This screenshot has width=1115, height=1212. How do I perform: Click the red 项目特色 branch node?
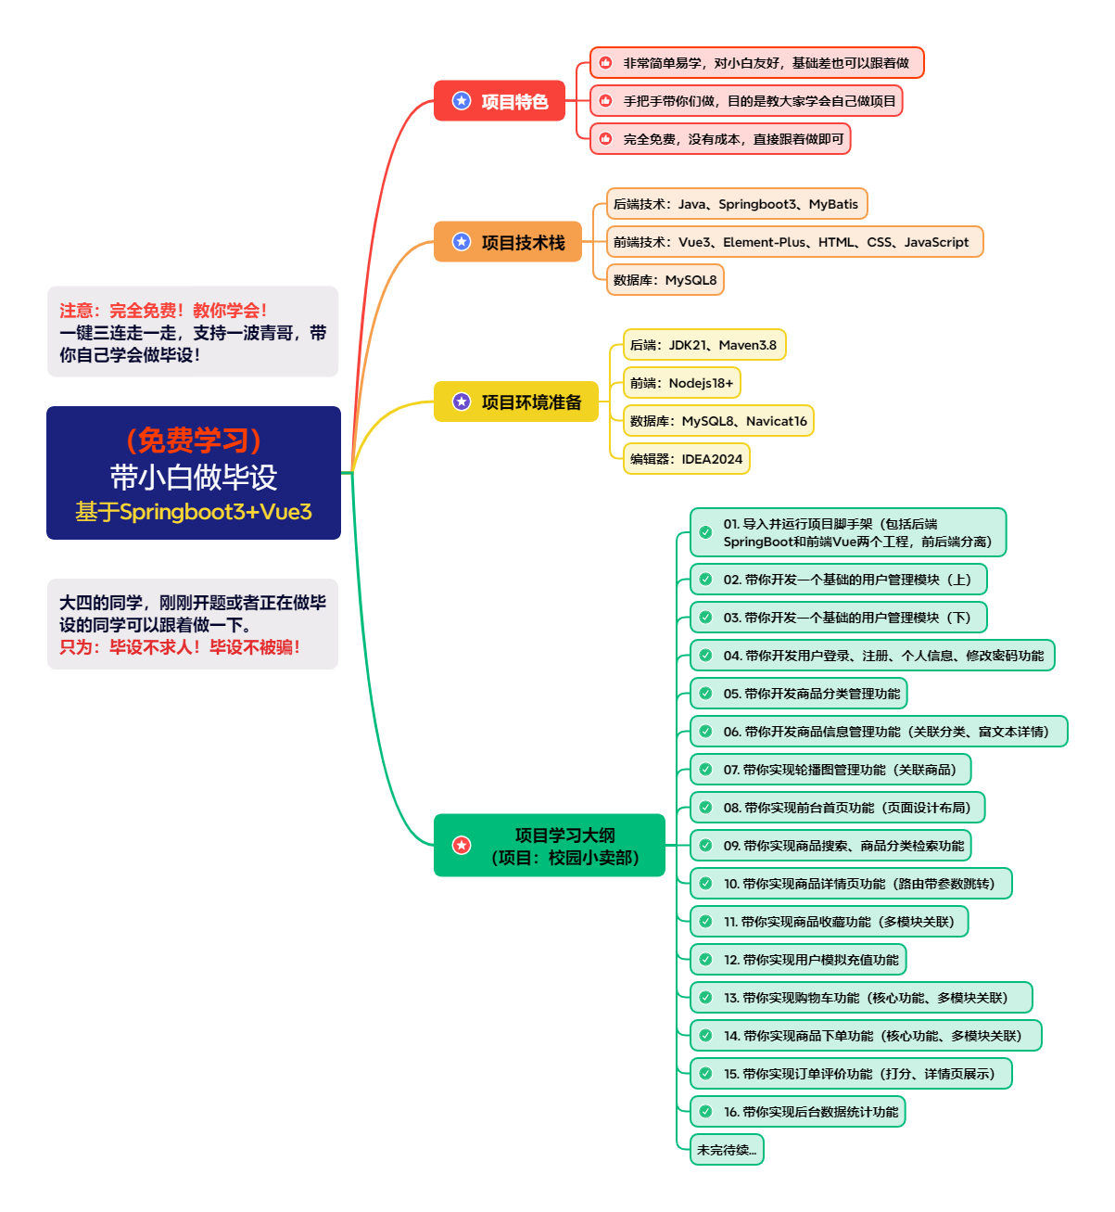click(500, 101)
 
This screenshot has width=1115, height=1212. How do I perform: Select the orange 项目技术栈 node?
click(508, 242)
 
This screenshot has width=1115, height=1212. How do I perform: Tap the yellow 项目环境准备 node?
click(516, 402)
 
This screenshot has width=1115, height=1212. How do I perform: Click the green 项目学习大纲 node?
click(550, 846)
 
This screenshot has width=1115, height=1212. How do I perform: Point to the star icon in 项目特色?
click(462, 101)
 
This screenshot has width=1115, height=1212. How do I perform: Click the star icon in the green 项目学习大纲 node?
click(462, 846)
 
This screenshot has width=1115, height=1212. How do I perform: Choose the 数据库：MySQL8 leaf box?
click(665, 280)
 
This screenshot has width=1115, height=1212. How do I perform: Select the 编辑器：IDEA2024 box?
click(686, 459)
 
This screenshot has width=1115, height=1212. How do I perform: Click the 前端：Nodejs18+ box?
click(682, 383)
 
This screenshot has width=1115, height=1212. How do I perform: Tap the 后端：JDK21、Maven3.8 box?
click(703, 345)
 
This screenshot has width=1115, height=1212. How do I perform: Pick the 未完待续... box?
click(727, 1150)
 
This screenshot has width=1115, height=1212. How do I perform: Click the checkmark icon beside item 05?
click(705, 694)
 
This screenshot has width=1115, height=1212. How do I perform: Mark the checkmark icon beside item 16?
click(705, 1112)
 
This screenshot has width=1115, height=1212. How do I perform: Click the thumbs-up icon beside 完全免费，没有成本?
click(605, 139)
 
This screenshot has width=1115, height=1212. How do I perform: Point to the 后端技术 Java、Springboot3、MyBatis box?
click(736, 204)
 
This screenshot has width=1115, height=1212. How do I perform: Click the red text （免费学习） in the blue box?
click(194, 440)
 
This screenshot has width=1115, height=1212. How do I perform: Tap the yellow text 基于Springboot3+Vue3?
click(194, 512)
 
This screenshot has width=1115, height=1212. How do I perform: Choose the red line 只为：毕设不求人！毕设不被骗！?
click(180, 647)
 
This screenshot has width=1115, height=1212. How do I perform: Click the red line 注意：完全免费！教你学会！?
click(163, 311)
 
